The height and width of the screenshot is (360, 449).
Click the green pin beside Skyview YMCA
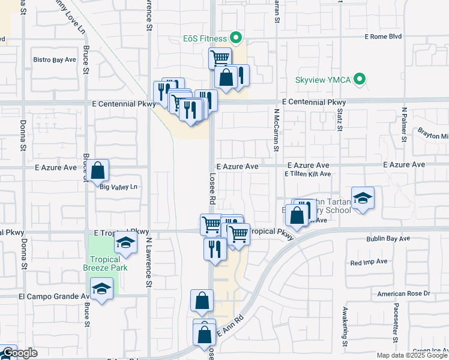pyautogui.click(x=360, y=79)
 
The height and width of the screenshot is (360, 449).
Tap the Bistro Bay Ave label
pyautogui.click(x=55, y=60)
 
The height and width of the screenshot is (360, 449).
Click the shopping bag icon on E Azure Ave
pyautogui.click(x=99, y=171)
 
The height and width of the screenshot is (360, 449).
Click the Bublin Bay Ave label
pyautogui.click(x=388, y=239)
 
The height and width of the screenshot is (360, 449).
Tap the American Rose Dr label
pyautogui.click(x=404, y=293)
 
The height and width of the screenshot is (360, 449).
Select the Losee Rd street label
pyautogui.click(x=212, y=188)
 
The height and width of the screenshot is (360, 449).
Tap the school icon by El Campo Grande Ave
pyautogui.click(x=101, y=290)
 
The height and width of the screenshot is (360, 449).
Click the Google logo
pyautogui.click(x=19, y=353)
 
